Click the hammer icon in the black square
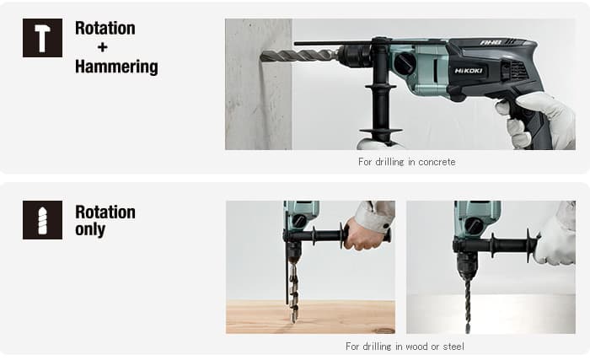pyautogui.click(x=42, y=38)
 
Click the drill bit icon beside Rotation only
pyautogui.click(x=42, y=220)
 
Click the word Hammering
pyautogui.click(x=116, y=67)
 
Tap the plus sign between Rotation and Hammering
pyautogui.click(x=102, y=47)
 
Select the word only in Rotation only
pyautogui.click(x=90, y=229)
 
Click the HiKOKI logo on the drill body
pyautogui.click(x=468, y=71)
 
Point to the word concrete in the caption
pyautogui.click(x=437, y=162)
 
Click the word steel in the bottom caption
pyautogui.click(x=453, y=346)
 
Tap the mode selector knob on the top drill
pyautogui.click(x=405, y=62)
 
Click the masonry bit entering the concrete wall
pyautogui.click(x=298, y=56)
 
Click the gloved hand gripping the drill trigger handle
pyautogui.click(x=538, y=119)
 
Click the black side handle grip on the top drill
pyautogui.click(x=381, y=110)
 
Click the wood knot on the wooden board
pyautogui.click(x=383, y=330)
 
